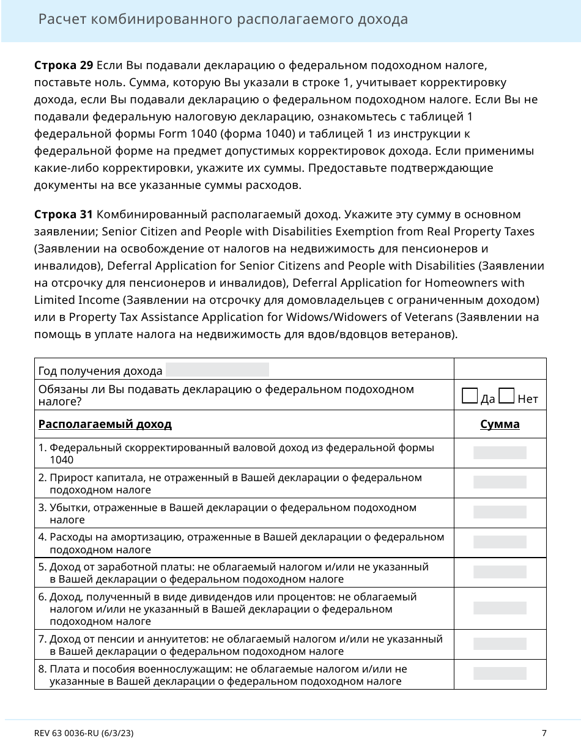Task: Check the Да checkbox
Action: (x=470, y=397)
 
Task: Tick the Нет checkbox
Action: (x=506, y=397)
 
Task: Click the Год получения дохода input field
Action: (x=217, y=369)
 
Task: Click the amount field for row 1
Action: (x=500, y=453)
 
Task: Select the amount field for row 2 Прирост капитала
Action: (x=500, y=482)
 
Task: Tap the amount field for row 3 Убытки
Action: (x=500, y=512)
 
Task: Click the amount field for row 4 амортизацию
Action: (x=500, y=542)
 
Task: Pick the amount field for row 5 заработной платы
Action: (x=500, y=572)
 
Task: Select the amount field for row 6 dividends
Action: (x=500, y=608)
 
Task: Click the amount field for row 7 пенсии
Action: (x=500, y=644)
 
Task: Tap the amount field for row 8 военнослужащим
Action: (x=500, y=674)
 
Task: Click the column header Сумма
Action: (x=500, y=424)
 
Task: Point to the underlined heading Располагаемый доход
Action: (x=105, y=424)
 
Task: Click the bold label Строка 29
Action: (x=64, y=65)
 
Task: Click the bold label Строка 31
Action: (x=64, y=215)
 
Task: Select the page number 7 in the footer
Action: (x=544, y=732)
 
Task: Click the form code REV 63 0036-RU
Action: (x=84, y=732)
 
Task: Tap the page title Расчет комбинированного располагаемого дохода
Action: (x=223, y=20)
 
